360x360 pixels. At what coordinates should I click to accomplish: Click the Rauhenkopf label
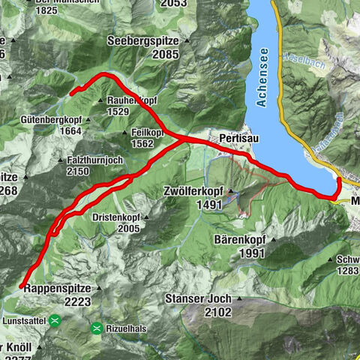[x=132, y=99]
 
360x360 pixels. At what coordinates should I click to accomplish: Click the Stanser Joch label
[x=197, y=298]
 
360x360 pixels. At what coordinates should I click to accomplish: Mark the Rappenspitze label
[x=57, y=288]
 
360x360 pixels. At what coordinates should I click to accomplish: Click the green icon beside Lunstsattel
[x=56, y=320]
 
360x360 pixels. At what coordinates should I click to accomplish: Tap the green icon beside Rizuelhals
[x=97, y=328]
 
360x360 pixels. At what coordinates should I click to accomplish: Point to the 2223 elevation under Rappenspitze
[x=77, y=301]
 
